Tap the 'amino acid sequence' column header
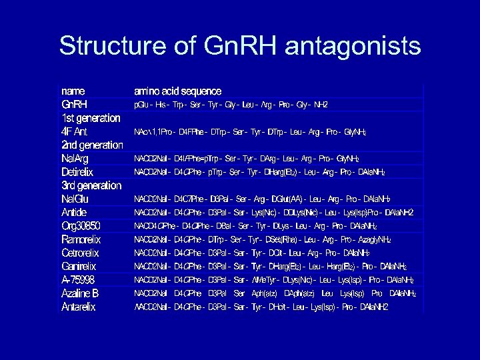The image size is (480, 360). tap(177, 91)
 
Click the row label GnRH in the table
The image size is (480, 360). tap(75, 105)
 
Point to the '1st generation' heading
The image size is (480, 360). tap(91, 118)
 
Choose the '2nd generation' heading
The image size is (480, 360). tap(92, 145)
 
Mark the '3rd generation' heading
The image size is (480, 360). tap(91, 185)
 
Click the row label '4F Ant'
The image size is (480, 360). tap(75, 131)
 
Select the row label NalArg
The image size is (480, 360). tap(75, 159)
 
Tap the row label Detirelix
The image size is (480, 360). tap(77, 172)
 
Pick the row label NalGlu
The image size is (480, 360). tap(75, 199)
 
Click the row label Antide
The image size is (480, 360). tap(74, 212)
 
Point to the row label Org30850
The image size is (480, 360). tap(80, 226)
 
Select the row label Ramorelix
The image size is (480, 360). tap(81, 239)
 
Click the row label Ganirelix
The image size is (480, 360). tap(79, 266)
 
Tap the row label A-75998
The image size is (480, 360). tap(78, 280)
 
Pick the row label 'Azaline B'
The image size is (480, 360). tap(80, 293)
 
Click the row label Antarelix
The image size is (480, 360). tap(79, 307)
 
